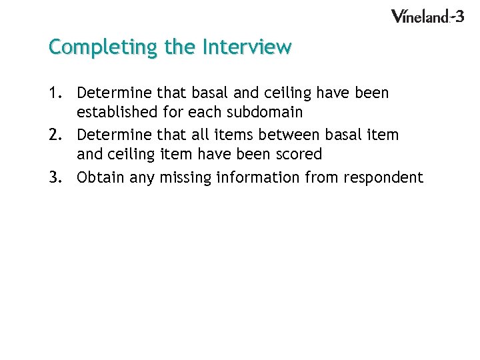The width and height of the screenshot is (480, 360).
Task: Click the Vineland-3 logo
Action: tap(427, 16)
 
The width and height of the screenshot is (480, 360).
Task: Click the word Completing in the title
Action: tap(89, 48)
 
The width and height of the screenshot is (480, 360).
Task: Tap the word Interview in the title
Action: tap(247, 47)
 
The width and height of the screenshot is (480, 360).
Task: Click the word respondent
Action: tap(383, 177)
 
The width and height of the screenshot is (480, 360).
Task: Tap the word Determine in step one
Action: tap(111, 93)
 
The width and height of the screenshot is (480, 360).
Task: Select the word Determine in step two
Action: tap(111, 135)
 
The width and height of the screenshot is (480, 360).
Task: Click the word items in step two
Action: tap(228, 135)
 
